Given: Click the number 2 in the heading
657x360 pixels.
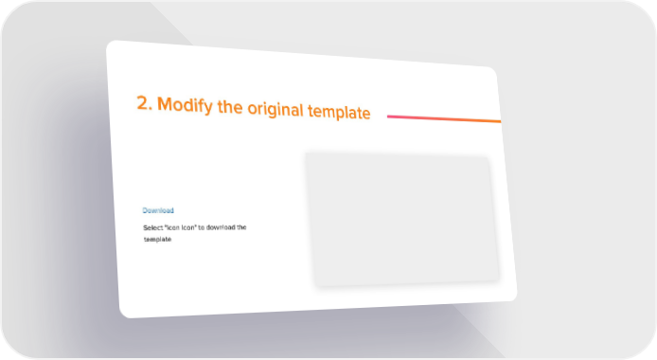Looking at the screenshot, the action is [x=143, y=103].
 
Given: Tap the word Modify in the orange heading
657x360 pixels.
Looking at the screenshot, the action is [x=185, y=105].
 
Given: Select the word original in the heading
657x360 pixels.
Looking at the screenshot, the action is [x=275, y=109].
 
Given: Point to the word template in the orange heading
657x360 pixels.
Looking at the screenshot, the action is [x=339, y=112].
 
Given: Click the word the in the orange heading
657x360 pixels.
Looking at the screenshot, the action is [x=230, y=106].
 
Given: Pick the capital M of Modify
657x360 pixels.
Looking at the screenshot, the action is [x=165, y=104].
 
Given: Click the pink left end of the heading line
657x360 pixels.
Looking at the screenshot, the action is [x=388, y=117].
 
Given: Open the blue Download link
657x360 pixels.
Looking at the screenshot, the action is [x=158, y=210].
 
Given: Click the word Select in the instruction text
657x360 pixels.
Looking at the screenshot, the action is [x=153, y=227].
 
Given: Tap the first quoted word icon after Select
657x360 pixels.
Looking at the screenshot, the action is [x=172, y=227].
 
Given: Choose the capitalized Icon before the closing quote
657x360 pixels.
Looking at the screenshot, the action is [x=189, y=227].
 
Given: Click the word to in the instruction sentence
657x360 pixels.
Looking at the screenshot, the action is [x=201, y=227].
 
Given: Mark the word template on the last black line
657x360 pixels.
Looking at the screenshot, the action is [x=157, y=240].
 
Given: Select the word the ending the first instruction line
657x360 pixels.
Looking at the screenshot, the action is [x=241, y=227].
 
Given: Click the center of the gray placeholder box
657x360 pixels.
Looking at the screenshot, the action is [x=401, y=219].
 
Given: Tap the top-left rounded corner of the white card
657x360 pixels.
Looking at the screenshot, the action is [x=111, y=45].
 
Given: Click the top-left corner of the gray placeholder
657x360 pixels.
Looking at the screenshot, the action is [x=306, y=153].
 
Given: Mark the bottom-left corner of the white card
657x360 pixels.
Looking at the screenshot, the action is [x=123, y=315].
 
